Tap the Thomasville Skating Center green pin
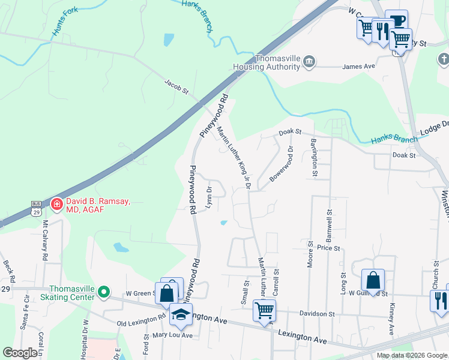104,292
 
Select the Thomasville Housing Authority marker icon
310,61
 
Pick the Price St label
328,248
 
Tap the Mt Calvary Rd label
44,240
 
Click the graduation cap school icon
181,314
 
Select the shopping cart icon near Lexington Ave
264,310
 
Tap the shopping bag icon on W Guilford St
373,279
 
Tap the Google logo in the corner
20,353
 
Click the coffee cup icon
396,20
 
